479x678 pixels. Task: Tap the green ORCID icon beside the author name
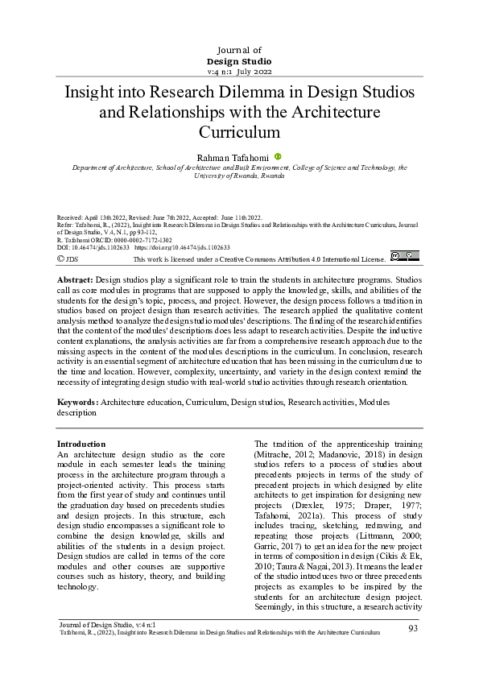tap(278, 157)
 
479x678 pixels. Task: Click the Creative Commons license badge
tap(404, 257)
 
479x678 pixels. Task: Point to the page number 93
tap(413, 628)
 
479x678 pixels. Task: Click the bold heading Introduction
tap(81, 444)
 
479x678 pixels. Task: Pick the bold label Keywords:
tap(77, 401)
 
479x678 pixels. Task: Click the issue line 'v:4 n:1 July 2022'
tap(239, 71)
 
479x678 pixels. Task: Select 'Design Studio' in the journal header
tap(239, 60)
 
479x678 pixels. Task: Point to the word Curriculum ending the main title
tap(239, 130)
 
